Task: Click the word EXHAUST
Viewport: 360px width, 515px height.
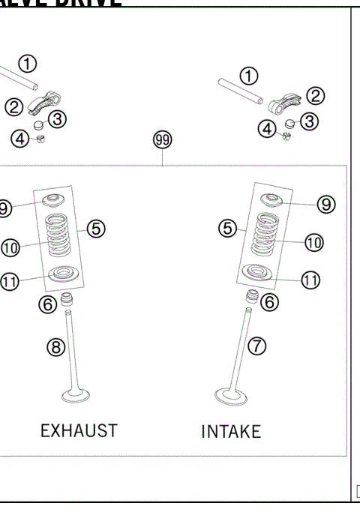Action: (x=79, y=430)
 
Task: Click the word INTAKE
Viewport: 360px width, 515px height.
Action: (x=231, y=432)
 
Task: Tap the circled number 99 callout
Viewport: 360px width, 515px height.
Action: (x=162, y=139)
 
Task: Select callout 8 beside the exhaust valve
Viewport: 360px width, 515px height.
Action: (x=56, y=347)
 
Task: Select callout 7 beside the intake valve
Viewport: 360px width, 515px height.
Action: (x=257, y=346)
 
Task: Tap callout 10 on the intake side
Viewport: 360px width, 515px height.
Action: (x=313, y=242)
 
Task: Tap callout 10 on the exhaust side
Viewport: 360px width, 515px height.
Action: (x=10, y=247)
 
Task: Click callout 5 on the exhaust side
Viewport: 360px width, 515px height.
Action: (x=96, y=229)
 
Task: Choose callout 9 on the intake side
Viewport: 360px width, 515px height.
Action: (x=325, y=203)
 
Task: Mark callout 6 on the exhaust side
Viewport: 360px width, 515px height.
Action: (x=46, y=303)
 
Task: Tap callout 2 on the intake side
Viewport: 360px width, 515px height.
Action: (x=316, y=95)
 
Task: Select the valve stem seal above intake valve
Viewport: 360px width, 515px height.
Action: (x=253, y=295)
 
